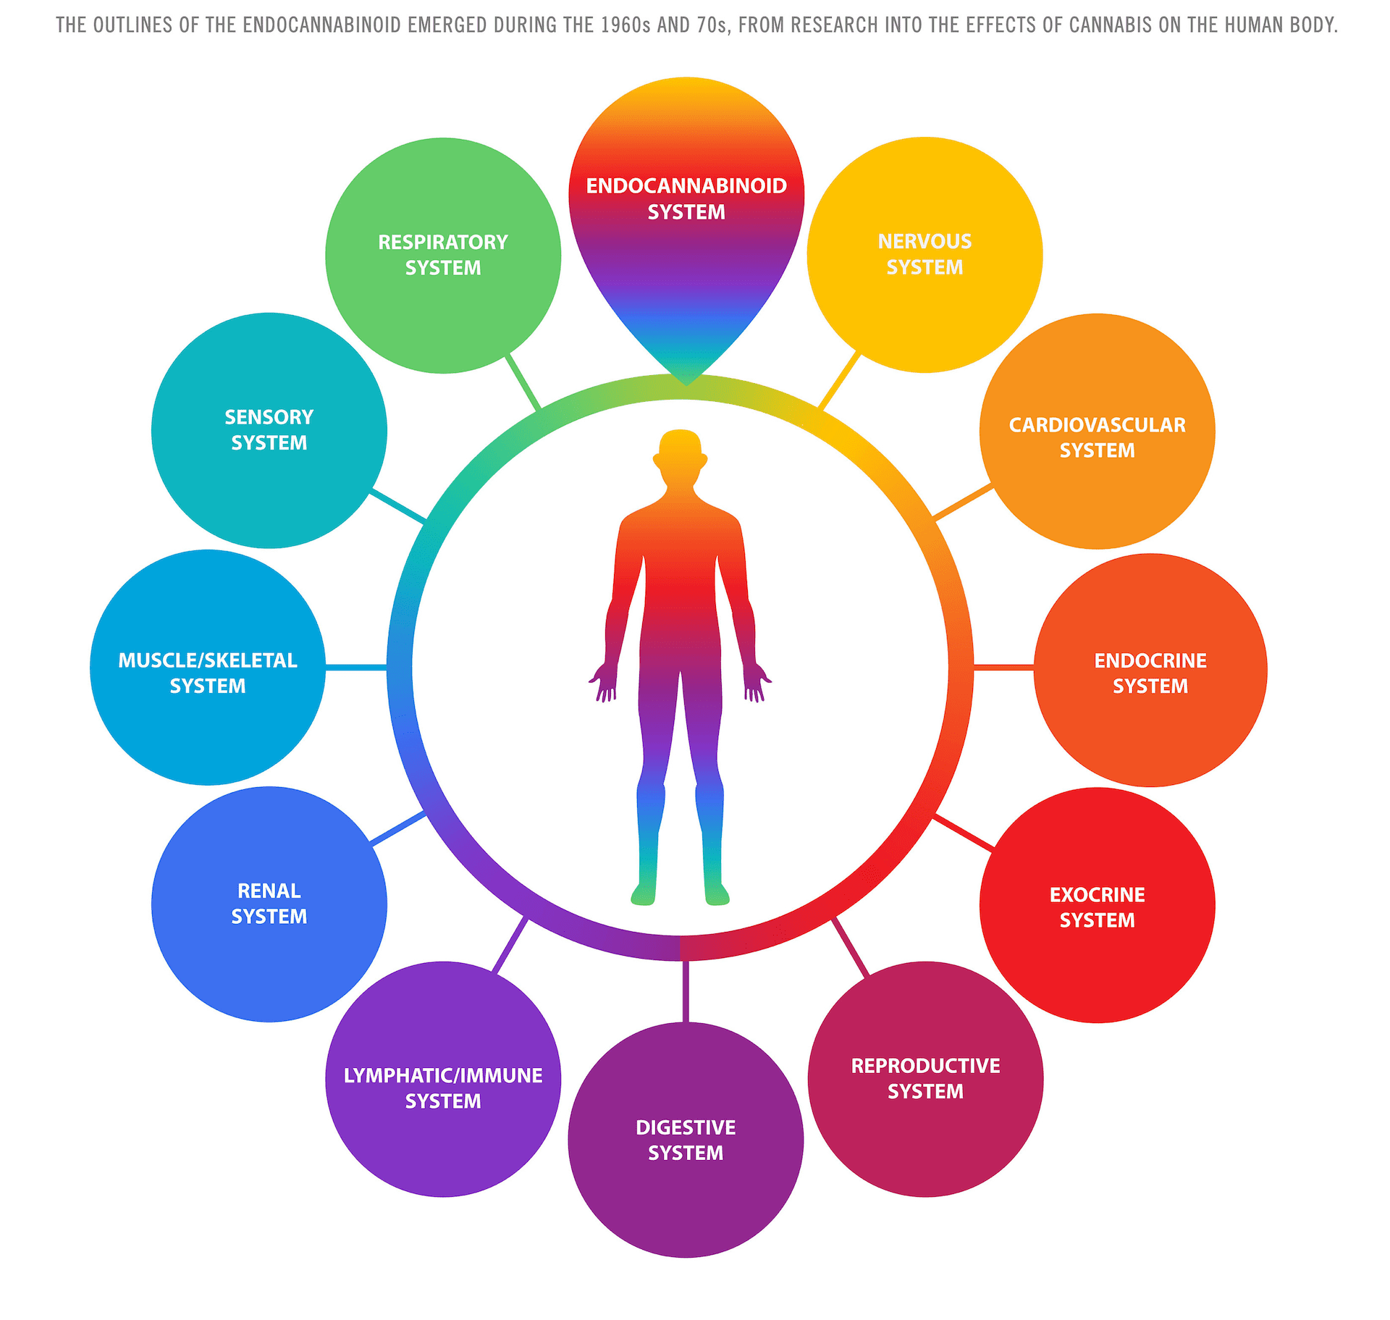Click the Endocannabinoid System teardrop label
click(x=686, y=199)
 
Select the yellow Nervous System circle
click(x=924, y=255)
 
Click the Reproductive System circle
click(x=925, y=1079)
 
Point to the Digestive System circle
click(x=686, y=1140)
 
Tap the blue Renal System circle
click(x=269, y=904)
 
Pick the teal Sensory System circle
click(x=269, y=430)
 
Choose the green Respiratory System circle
click(x=443, y=256)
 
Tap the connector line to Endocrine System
click(x=1003, y=666)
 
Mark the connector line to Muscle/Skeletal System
click(x=356, y=666)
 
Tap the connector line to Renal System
click(x=398, y=828)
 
